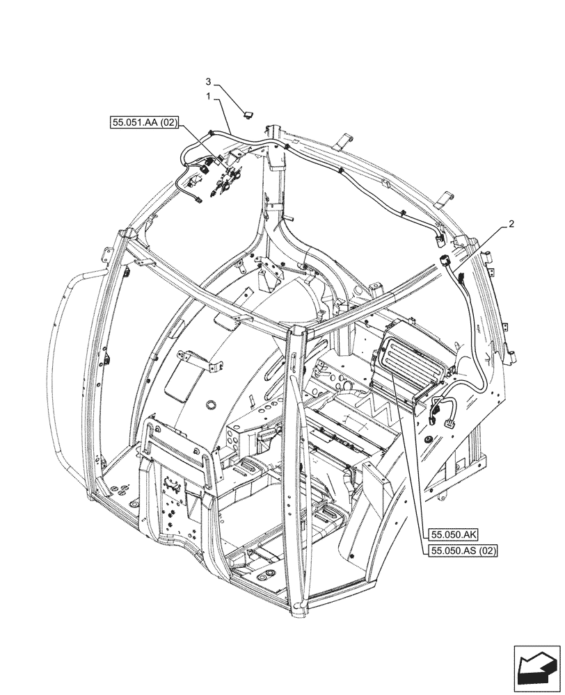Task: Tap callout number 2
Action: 511,224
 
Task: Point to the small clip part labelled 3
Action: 248,114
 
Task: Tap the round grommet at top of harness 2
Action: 445,261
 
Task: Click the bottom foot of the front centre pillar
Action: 299,610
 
